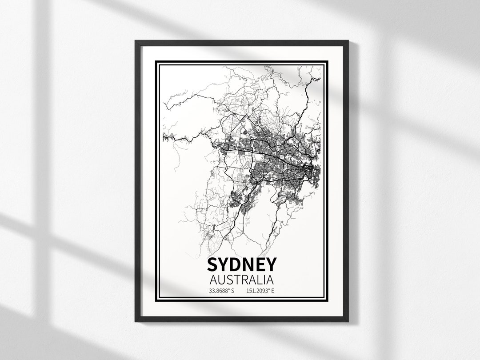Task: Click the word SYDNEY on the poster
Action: coord(241,265)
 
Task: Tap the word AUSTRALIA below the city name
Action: coord(241,280)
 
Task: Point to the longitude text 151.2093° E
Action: coord(260,292)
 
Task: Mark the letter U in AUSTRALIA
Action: coord(220,280)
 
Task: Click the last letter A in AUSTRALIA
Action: coord(270,280)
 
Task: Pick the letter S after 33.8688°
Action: coord(232,292)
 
